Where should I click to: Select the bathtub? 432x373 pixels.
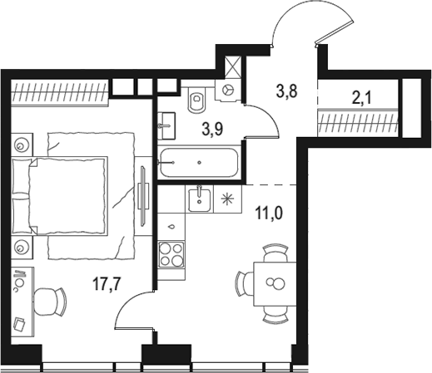198,162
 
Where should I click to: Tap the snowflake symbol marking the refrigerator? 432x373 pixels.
226,198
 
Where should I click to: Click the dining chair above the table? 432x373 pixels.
272,249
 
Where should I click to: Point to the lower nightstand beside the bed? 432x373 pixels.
22,245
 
